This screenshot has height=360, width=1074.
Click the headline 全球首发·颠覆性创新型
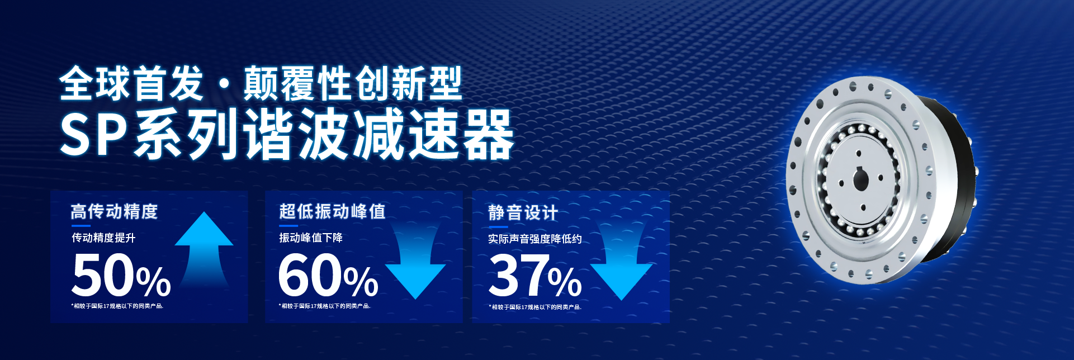261,84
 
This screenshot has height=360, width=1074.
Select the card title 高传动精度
114,211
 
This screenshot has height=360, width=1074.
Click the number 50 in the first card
103,274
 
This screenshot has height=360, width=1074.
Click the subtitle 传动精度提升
103,238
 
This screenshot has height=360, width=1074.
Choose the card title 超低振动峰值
332,211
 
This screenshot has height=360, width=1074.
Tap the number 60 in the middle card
310,274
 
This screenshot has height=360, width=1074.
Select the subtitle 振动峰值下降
311,238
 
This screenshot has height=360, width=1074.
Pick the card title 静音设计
523,212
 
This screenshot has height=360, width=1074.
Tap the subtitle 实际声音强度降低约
534,239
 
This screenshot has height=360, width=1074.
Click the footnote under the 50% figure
117,306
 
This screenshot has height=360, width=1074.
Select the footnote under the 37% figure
535,307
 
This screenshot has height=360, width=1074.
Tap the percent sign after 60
361,281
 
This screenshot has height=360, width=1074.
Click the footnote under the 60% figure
324,306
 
